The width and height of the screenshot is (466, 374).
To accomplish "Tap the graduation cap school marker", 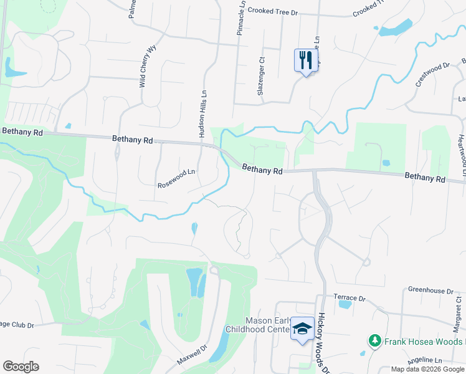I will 303,328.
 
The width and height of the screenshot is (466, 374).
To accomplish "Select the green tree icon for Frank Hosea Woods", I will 375,341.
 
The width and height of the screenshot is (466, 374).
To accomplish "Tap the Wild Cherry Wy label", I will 147,66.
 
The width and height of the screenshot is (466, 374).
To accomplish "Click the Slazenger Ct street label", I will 262,77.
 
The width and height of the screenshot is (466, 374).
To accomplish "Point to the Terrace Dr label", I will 349,298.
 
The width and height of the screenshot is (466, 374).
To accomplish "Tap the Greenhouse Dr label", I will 431,290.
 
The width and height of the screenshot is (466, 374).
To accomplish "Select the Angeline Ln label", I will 424,361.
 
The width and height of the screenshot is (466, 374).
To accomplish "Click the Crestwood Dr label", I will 432,75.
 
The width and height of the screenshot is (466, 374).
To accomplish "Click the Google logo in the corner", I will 21,367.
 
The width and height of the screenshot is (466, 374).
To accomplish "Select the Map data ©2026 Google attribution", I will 428,369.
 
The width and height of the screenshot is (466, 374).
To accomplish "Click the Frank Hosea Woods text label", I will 424,342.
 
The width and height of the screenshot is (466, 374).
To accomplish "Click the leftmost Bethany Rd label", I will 22,132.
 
